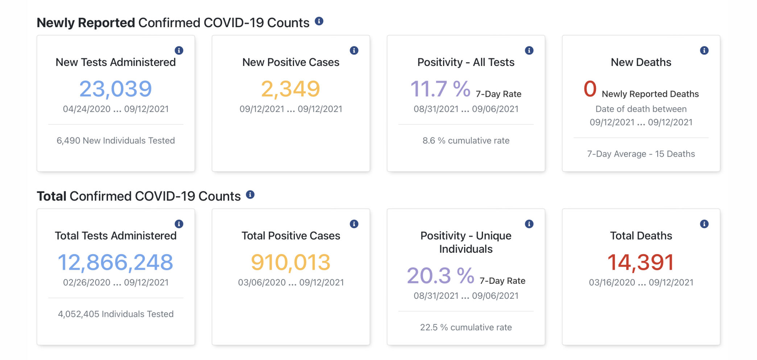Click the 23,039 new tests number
pos(116,89)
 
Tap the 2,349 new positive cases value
pos(291,89)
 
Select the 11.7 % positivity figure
pos(440,89)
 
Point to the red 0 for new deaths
pos(590,89)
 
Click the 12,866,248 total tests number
pos(116,262)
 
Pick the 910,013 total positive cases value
pos(291,262)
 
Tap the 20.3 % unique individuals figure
pos(440,276)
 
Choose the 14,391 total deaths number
pos(641,262)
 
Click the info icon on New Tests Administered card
pos(179,50)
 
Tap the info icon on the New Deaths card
pos(704,50)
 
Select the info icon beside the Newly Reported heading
pos(319,21)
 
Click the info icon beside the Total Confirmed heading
pos(250,195)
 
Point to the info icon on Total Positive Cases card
pos(354,224)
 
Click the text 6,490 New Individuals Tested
pos(116,141)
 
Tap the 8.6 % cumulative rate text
pos(466,141)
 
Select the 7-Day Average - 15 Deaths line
pos(641,154)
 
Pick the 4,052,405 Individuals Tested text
pos(116,314)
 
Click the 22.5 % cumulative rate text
pos(466,327)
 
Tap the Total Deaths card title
pos(641,236)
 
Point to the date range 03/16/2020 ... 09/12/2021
pos(641,282)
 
